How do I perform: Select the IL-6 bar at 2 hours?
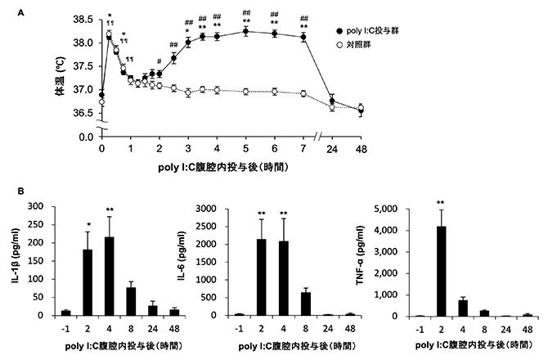pos(262,277)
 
